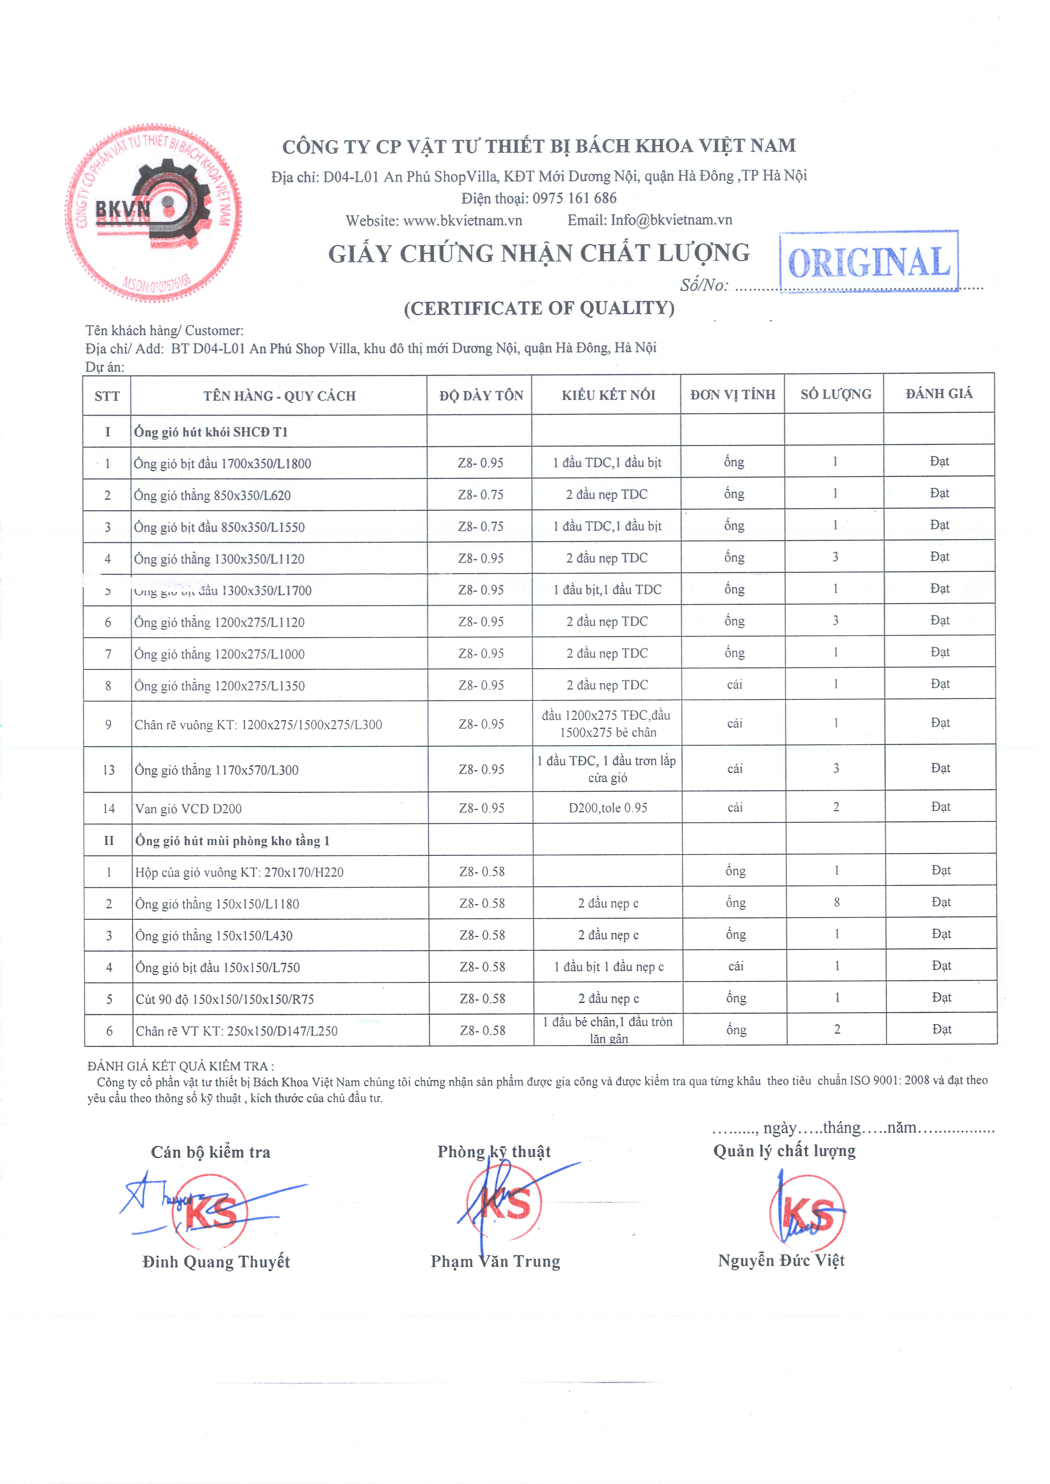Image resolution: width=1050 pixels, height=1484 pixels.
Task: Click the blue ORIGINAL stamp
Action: click(868, 262)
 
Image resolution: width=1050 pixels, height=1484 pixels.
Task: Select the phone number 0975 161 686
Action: click(574, 198)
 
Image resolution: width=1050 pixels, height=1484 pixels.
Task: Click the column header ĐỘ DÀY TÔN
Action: click(481, 396)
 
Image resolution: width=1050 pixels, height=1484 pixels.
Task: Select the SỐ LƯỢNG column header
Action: click(835, 394)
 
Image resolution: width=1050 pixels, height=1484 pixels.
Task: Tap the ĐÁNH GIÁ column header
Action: click(939, 393)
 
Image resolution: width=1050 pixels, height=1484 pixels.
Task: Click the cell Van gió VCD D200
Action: click(188, 808)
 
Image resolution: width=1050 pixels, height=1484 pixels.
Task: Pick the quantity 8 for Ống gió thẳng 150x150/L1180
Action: click(837, 902)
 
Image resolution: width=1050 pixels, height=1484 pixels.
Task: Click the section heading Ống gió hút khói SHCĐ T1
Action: click(211, 432)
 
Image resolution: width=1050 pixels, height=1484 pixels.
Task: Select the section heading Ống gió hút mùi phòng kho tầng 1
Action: click(232, 840)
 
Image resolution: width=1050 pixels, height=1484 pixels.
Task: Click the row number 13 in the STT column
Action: click(109, 770)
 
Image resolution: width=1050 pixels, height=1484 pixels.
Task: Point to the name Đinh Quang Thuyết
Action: click(216, 1261)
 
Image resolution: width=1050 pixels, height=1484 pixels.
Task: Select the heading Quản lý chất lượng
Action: click(784, 1151)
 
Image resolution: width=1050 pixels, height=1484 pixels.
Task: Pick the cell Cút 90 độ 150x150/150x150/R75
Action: click(225, 999)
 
